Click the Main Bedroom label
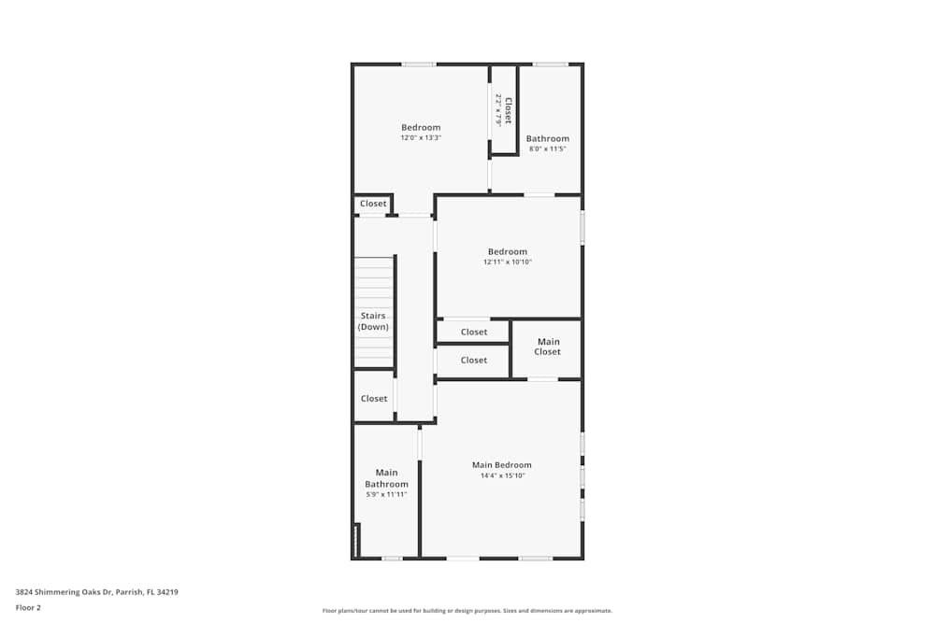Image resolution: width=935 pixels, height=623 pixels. pos(501,465)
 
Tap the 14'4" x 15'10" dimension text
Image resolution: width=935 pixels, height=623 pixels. pos(501,475)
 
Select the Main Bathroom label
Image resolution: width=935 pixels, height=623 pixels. pos(386,478)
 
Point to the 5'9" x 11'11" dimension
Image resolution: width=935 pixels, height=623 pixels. pos(386,494)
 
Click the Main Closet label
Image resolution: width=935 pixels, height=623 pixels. pos(547,347)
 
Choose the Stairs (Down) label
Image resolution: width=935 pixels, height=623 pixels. pos(373,321)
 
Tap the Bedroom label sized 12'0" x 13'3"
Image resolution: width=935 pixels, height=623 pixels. pos(421,128)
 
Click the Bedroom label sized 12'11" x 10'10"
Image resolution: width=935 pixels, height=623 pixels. pos(507,251)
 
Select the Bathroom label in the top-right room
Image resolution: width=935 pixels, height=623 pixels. pos(547,139)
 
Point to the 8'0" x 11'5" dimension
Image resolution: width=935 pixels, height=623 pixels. pos(547,149)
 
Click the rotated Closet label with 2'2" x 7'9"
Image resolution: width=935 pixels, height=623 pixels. pos(504,109)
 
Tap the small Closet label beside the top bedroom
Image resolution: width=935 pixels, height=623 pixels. pos(373,204)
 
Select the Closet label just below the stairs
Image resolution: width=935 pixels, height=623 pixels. pos(374,399)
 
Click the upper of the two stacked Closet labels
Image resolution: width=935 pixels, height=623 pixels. pos(474,332)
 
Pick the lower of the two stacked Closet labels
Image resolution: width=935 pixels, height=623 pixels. pos(474,361)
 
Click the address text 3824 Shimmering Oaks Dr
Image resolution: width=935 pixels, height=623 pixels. pos(96,592)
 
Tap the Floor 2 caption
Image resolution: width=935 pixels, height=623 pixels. pos(28,607)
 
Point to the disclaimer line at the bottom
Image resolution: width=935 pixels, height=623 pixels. pos(467,611)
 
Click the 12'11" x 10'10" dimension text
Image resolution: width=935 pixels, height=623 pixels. pos(507,262)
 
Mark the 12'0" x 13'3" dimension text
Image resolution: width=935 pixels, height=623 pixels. pos(421,138)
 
